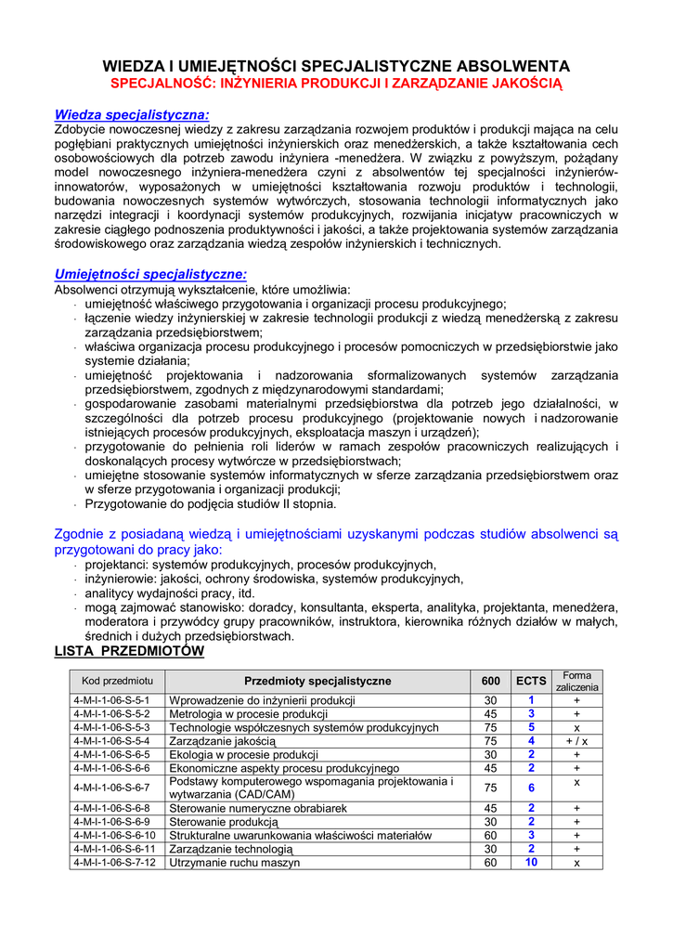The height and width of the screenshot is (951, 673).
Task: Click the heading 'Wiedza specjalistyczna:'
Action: [x=132, y=114]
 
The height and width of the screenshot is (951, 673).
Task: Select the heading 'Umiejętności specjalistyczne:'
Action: [x=150, y=274]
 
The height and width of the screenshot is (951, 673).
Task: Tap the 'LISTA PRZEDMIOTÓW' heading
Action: [x=129, y=652]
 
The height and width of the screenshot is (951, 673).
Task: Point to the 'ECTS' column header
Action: [x=531, y=681]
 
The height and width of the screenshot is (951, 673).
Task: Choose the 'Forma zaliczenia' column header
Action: [x=577, y=681]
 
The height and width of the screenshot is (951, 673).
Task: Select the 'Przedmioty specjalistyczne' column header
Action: [x=317, y=681]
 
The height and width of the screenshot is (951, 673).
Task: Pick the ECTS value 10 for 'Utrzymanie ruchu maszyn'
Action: [x=531, y=863]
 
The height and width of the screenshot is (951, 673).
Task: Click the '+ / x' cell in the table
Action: [x=577, y=741]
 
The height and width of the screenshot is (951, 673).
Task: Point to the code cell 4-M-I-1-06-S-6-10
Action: [x=114, y=835]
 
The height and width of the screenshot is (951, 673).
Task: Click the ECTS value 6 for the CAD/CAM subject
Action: [x=531, y=788]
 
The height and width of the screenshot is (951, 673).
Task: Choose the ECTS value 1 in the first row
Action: [x=531, y=700]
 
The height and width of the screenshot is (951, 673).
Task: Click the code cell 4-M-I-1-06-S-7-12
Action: [x=114, y=863]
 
